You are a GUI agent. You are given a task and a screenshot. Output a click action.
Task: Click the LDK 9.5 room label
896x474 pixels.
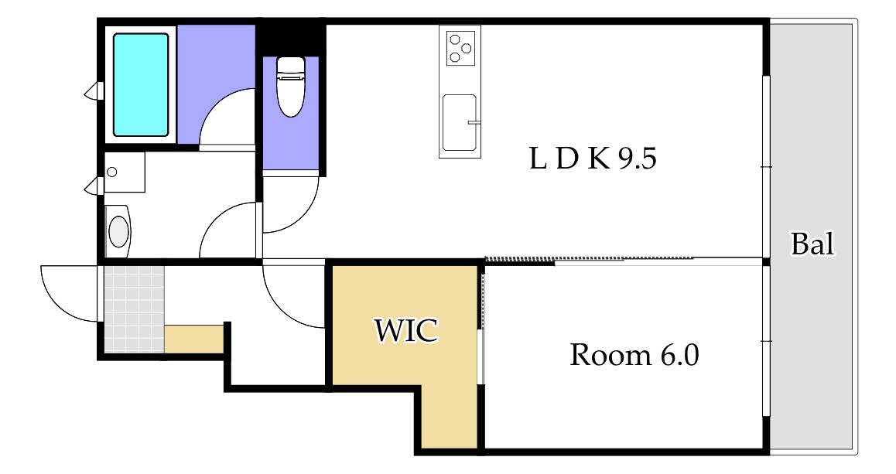(x=593, y=159)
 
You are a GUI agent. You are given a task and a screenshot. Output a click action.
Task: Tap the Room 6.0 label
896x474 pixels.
(x=634, y=355)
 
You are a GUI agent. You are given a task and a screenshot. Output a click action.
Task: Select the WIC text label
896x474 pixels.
(x=406, y=330)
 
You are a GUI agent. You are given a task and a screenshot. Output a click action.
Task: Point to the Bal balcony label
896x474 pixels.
(x=812, y=244)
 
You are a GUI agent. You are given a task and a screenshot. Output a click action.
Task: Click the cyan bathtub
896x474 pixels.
(x=141, y=85)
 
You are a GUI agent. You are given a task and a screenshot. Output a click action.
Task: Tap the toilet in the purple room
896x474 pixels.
(x=290, y=87)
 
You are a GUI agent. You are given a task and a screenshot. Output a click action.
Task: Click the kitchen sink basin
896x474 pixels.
(x=459, y=123)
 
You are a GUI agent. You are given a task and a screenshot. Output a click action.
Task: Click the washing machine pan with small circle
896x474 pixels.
(x=124, y=172)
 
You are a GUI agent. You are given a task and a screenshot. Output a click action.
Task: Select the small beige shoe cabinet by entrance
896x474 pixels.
(x=193, y=339)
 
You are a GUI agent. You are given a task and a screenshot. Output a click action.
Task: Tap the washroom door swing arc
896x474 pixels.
(x=214, y=218)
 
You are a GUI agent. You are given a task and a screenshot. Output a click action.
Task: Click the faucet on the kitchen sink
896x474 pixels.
(x=473, y=122)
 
